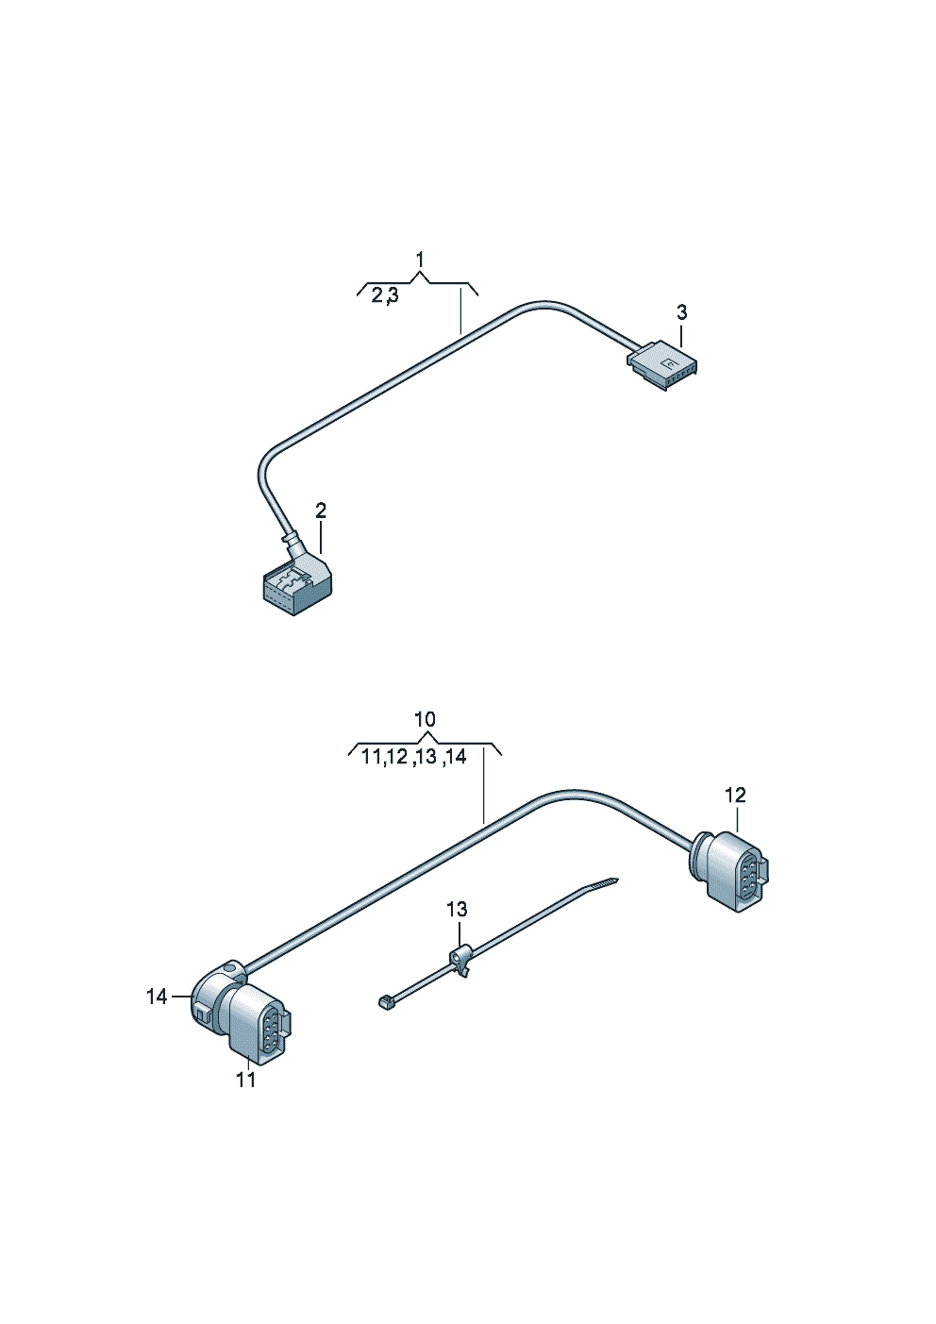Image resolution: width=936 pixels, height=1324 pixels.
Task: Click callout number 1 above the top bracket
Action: [420, 260]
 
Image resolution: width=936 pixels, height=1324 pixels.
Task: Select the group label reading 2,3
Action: [385, 295]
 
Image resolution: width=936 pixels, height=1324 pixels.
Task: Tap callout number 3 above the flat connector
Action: [682, 312]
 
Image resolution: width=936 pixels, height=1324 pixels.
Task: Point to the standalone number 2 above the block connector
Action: [320, 511]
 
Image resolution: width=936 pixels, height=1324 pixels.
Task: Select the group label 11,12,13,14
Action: [413, 757]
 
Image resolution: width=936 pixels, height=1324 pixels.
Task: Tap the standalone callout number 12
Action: [736, 795]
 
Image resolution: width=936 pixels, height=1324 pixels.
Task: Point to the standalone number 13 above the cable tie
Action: [457, 909]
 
